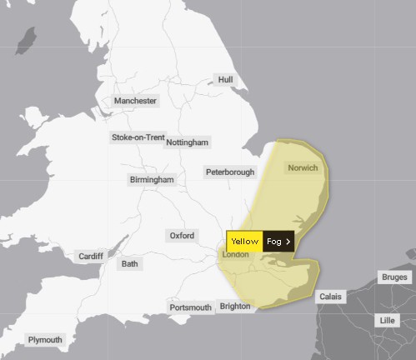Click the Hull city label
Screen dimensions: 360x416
tap(225, 79)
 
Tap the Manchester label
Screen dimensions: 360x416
tap(135, 101)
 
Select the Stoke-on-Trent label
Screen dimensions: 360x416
tap(138, 137)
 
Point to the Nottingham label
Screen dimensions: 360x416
tap(187, 142)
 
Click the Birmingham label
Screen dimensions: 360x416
tap(152, 179)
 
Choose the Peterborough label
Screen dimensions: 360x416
tap(230, 172)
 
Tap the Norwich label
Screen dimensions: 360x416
tap(303, 167)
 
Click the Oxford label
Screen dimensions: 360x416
tap(182, 236)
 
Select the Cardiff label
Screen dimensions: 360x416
tap(90, 256)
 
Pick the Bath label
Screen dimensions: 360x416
tap(129, 264)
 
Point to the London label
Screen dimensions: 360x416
tap(236, 254)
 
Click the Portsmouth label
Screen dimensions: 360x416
tap(190, 307)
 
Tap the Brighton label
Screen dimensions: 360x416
tap(233, 306)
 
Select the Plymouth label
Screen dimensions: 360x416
tap(45, 340)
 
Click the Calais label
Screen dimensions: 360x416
tap(329, 297)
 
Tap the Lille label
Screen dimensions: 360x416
tap(387, 320)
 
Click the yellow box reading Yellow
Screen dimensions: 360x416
tap(244, 241)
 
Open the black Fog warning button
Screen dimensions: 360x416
tap(278, 241)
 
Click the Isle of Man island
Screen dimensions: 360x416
tap(28, 39)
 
